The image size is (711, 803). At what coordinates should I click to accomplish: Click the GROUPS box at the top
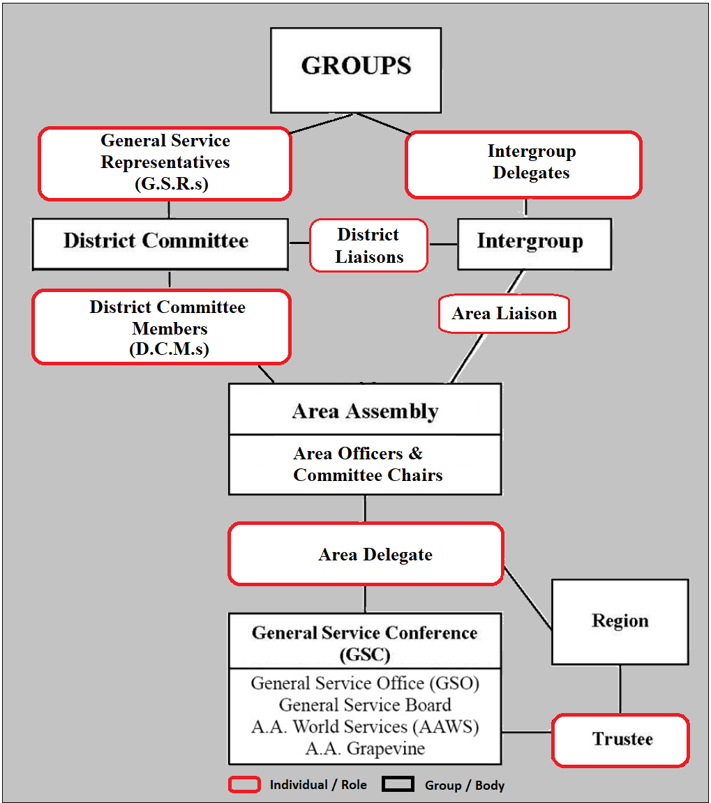click(x=356, y=70)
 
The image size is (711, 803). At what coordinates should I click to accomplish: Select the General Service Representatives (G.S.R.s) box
click(x=165, y=163)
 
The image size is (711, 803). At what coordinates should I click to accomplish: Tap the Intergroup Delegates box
click(x=523, y=164)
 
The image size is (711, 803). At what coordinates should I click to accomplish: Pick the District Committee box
click(x=160, y=243)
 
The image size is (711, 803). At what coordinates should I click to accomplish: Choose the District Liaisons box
click(x=368, y=245)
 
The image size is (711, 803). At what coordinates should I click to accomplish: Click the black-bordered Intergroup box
click(x=534, y=243)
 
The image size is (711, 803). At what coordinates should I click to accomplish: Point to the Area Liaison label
click(x=504, y=314)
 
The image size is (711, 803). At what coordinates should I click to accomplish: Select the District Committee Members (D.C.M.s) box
click(x=161, y=327)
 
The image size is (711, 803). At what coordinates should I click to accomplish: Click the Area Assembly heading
click(x=365, y=411)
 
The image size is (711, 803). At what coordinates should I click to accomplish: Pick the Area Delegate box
click(x=366, y=554)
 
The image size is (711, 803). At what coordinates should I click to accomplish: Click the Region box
click(x=620, y=621)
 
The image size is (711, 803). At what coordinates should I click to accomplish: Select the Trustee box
click(x=620, y=739)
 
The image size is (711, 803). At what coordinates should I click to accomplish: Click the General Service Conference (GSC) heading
click(x=365, y=642)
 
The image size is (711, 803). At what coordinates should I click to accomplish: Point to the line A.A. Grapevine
click(x=365, y=749)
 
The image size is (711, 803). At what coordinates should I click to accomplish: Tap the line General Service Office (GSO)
click(x=365, y=683)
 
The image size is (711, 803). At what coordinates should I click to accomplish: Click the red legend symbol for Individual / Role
click(x=244, y=785)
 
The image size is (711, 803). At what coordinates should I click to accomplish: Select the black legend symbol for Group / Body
click(x=398, y=785)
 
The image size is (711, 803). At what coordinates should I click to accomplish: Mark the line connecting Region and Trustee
click(x=620, y=689)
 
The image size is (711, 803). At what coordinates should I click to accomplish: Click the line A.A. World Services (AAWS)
click(x=365, y=726)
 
